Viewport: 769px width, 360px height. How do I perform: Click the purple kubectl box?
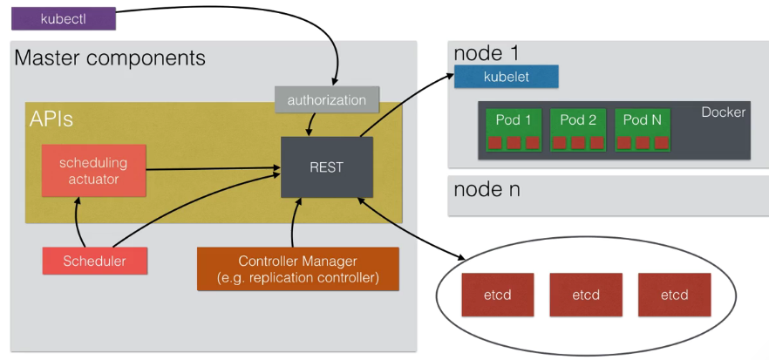(62, 17)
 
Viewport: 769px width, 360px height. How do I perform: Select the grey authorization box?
(327, 99)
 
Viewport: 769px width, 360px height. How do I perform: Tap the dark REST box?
(326, 166)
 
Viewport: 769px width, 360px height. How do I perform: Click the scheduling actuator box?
(93, 171)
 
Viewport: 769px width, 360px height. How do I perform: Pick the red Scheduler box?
(94, 261)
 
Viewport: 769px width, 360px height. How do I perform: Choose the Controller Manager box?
(297, 268)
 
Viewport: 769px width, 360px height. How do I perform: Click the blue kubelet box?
(505, 77)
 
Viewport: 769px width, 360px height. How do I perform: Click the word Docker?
(724, 112)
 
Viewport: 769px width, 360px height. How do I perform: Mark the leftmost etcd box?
(497, 295)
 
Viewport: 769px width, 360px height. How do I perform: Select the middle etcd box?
(586, 295)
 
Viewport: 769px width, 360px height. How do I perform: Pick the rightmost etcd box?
(674, 295)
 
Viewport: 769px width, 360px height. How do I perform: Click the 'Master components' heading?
(110, 59)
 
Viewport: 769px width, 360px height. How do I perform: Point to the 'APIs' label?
(51, 119)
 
